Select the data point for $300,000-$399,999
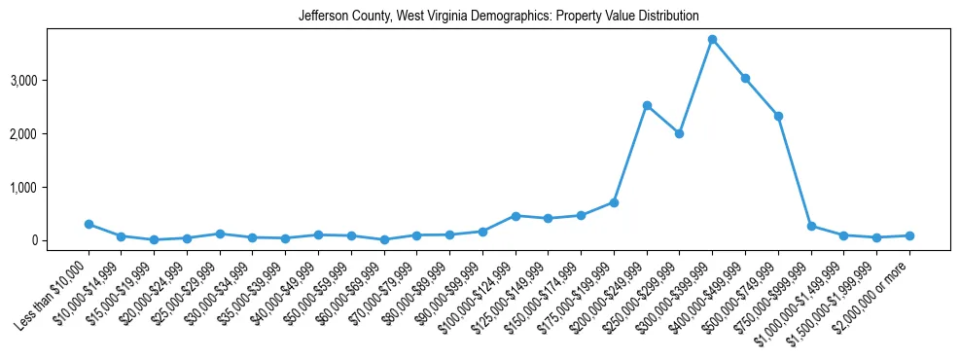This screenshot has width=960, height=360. [x=712, y=40]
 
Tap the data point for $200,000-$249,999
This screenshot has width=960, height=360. [x=647, y=105]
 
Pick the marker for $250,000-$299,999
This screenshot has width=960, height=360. [x=680, y=133]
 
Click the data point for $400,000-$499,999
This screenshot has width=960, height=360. [x=745, y=78]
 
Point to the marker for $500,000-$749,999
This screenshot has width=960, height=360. [x=778, y=116]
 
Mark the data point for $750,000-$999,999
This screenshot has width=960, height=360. [x=811, y=226]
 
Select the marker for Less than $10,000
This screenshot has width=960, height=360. [x=89, y=224]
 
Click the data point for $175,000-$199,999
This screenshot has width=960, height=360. [x=614, y=202]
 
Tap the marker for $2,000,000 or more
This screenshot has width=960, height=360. [x=909, y=235]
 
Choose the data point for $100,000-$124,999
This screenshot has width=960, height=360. [x=516, y=216]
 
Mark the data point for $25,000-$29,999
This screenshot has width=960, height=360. [x=220, y=234]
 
